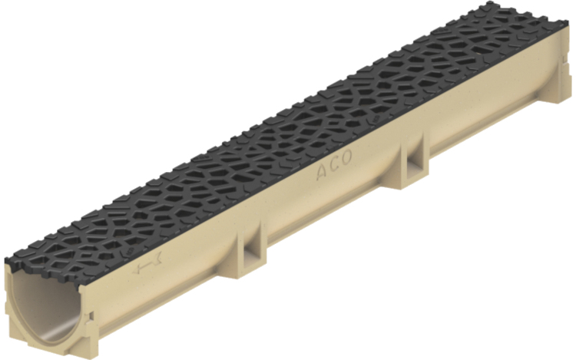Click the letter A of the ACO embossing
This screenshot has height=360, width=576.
[x=322, y=173]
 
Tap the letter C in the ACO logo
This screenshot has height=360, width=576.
[x=334, y=165]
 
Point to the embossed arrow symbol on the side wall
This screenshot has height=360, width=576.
[x=147, y=266]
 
